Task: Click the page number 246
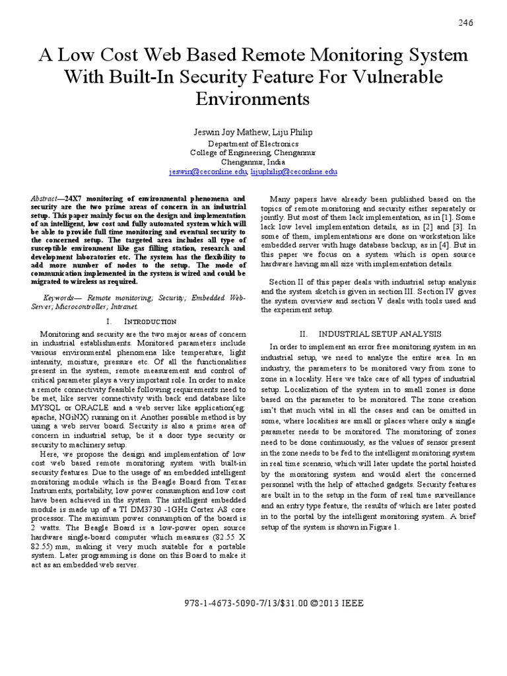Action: (x=466, y=23)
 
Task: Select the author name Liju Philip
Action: (x=290, y=132)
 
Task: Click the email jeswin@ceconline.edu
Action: (x=207, y=172)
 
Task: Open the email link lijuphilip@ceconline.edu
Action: (x=294, y=172)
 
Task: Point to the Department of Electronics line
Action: (x=253, y=144)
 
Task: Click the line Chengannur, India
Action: (x=253, y=162)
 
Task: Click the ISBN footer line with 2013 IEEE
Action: (x=253, y=603)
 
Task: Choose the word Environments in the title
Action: (x=253, y=99)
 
